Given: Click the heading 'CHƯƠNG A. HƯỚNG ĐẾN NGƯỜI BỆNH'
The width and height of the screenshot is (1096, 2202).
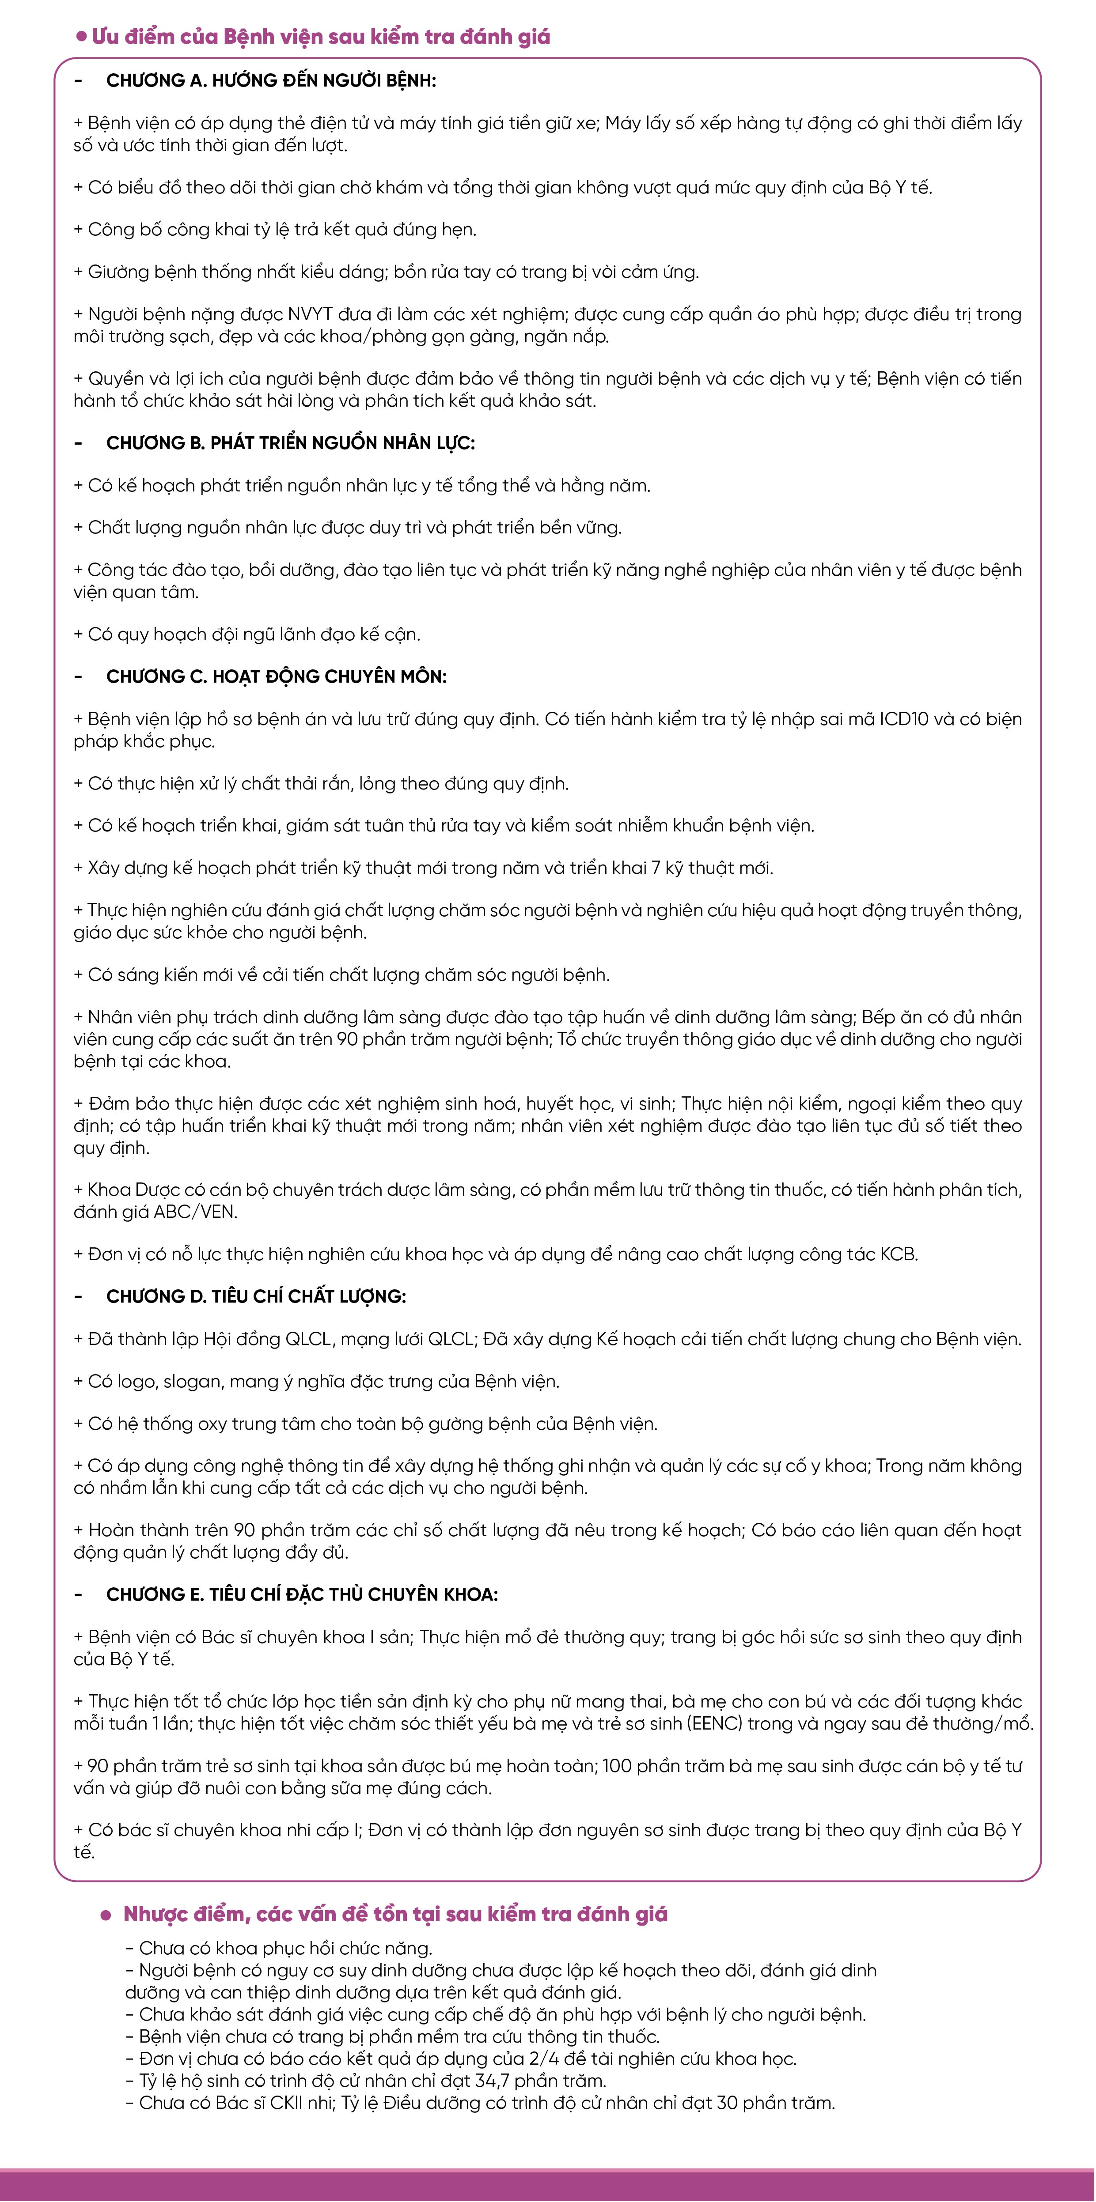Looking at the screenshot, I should click(270, 80).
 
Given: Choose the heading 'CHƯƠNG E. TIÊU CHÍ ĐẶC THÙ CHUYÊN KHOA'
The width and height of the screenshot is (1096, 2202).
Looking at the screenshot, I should click(302, 1595).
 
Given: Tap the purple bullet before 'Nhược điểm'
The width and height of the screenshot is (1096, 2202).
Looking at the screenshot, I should click(106, 1915).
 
